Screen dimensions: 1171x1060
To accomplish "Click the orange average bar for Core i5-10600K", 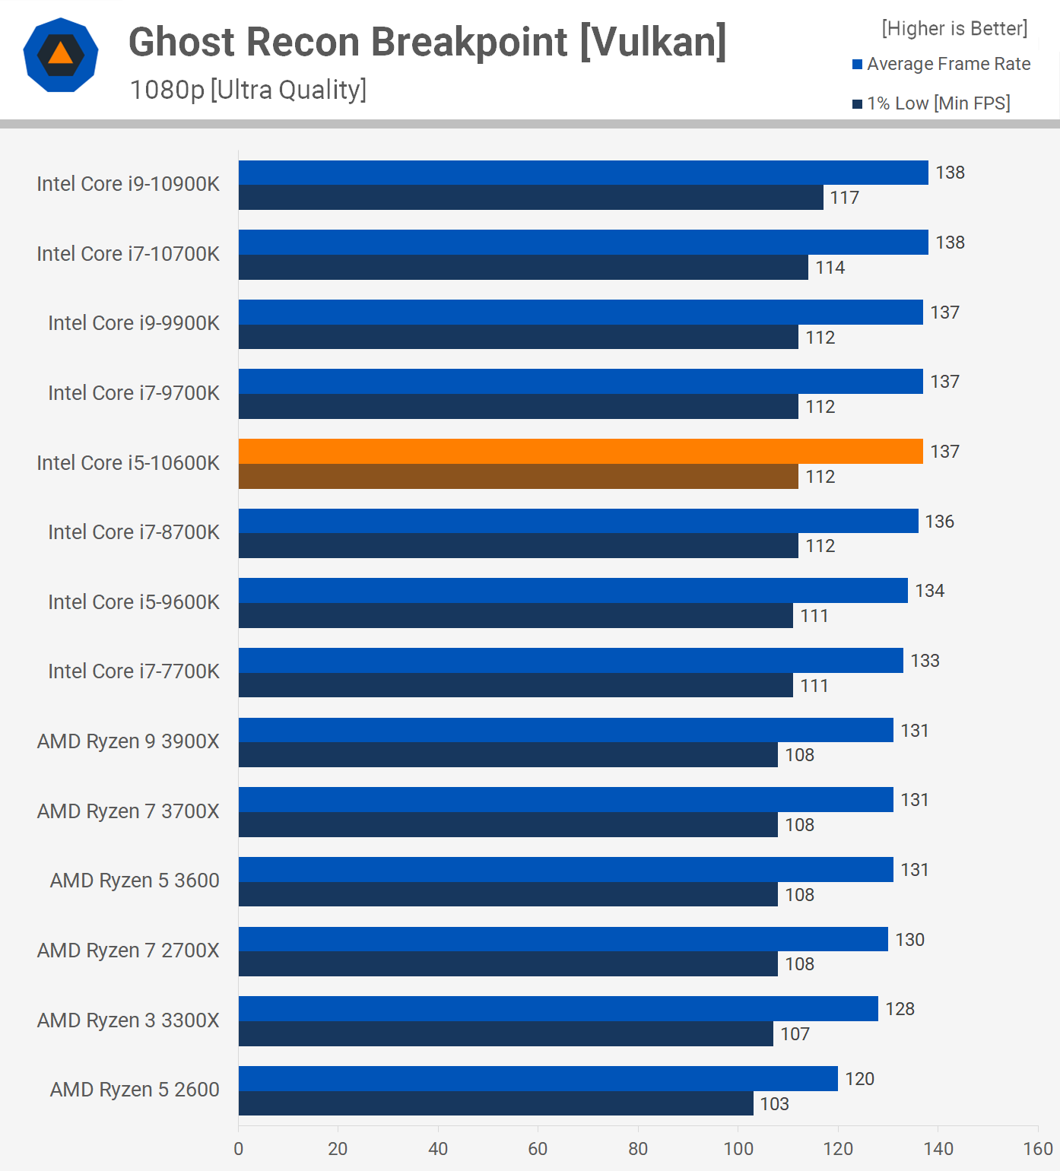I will (580, 452).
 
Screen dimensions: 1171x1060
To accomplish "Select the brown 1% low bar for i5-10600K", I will (518, 477).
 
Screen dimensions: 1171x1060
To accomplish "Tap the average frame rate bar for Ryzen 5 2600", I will (538, 1078).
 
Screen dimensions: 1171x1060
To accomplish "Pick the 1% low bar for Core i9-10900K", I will (531, 198).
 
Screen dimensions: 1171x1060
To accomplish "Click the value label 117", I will (844, 198).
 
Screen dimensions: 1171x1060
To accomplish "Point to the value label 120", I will (859, 1079).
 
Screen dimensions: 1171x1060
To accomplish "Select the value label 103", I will (774, 1104).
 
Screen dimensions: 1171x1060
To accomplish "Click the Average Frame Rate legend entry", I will (941, 64).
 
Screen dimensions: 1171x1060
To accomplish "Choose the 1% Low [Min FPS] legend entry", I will (931, 103).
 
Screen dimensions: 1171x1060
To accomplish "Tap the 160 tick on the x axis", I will (1038, 1148).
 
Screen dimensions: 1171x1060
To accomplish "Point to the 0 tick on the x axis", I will (239, 1148).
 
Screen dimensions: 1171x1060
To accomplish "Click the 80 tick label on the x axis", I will (638, 1148).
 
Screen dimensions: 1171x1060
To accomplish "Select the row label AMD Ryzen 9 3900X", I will (128, 741).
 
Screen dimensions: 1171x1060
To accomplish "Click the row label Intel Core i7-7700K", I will (134, 671).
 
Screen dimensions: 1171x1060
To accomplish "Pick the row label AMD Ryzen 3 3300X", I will (128, 1020).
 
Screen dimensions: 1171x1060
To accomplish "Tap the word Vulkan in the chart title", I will (652, 42).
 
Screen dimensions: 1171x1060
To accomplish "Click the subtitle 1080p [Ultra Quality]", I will (248, 90).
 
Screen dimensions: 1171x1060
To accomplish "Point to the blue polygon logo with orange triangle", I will (61, 55).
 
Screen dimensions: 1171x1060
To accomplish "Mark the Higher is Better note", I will (954, 28).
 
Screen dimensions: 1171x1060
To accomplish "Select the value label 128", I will (900, 1009).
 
